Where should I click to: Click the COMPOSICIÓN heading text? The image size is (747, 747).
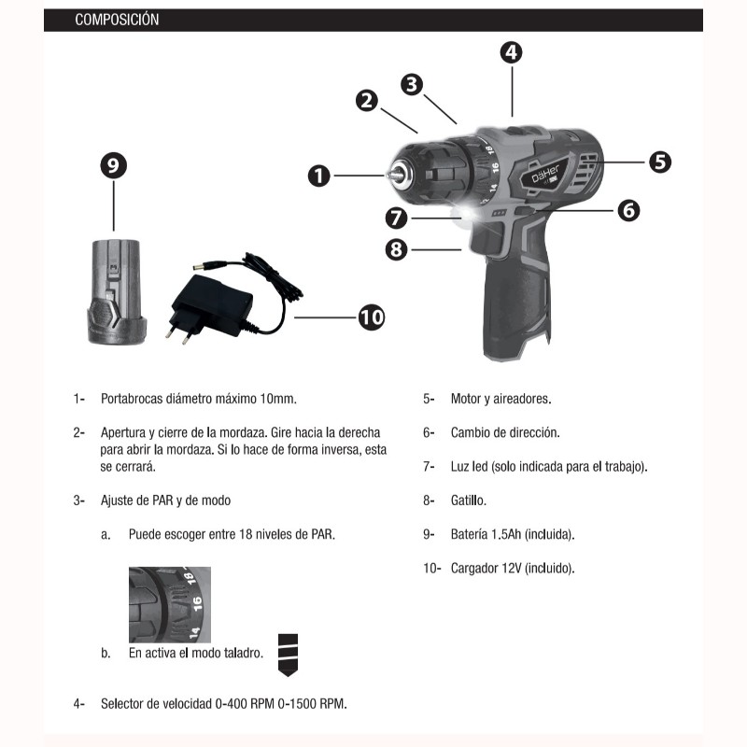click(117, 20)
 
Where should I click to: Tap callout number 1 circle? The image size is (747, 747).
click(319, 176)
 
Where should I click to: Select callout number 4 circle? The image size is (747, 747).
click(511, 52)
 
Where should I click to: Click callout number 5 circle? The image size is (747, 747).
click(660, 161)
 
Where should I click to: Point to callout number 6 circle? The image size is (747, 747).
click(628, 210)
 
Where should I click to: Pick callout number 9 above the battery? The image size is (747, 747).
click(114, 167)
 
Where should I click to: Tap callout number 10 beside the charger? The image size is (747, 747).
click(371, 317)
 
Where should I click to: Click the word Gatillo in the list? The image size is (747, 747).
click(468, 500)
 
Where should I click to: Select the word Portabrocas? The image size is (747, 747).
click(132, 399)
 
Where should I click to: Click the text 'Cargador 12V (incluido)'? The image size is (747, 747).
click(513, 568)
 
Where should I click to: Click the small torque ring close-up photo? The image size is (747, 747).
click(169, 604)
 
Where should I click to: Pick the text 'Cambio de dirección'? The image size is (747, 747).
click(504, 432)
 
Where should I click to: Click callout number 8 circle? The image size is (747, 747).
click(396, 249)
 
